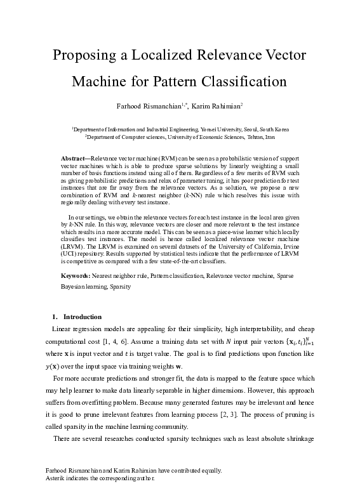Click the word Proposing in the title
tap(88, 55)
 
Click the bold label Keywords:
tap(76, 277)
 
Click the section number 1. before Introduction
tap(55, 317)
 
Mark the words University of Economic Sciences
tap(212, 136)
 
